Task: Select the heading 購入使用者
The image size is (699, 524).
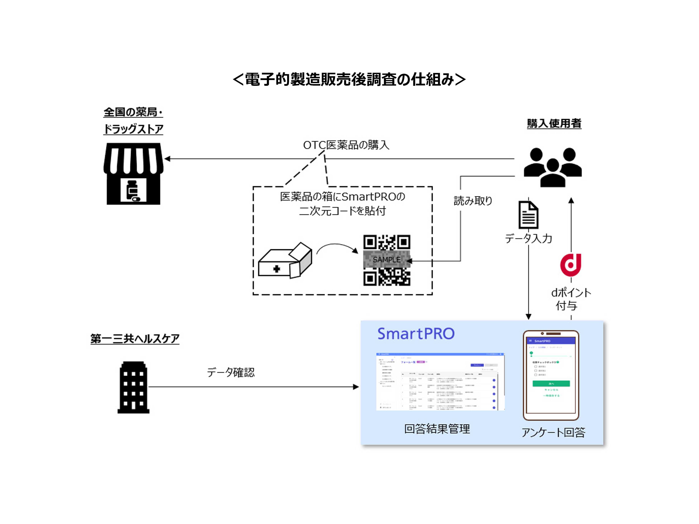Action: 554,123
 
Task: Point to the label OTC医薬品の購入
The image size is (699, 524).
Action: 346,145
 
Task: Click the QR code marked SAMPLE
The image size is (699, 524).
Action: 387,260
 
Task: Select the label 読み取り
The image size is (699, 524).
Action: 473,201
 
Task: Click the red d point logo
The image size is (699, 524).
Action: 571,265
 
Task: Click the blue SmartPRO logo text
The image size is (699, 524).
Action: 416,334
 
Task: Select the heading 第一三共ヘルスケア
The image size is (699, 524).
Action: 135,339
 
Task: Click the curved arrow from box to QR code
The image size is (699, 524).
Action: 337,247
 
